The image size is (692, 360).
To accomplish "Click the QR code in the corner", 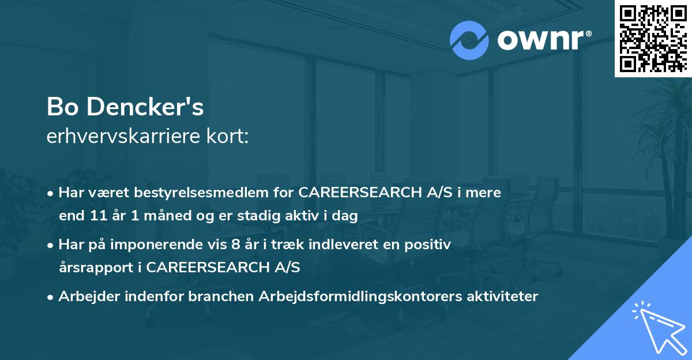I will pyautogui.click(x=653, y=39).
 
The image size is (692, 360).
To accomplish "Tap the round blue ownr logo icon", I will pyautogui.click(x=469, y=40).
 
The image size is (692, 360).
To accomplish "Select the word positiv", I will pyautogui.click(x=430, y=245).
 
